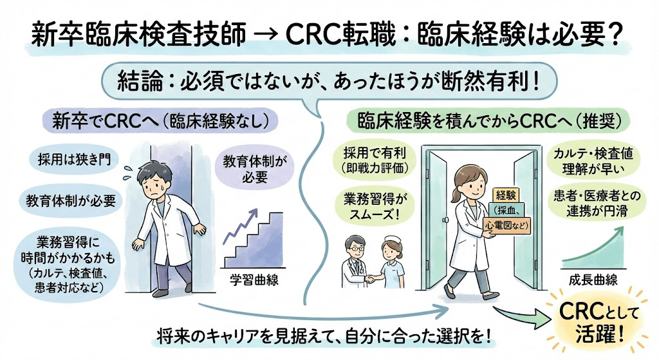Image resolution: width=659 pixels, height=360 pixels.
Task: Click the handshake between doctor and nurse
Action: point(372,279)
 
